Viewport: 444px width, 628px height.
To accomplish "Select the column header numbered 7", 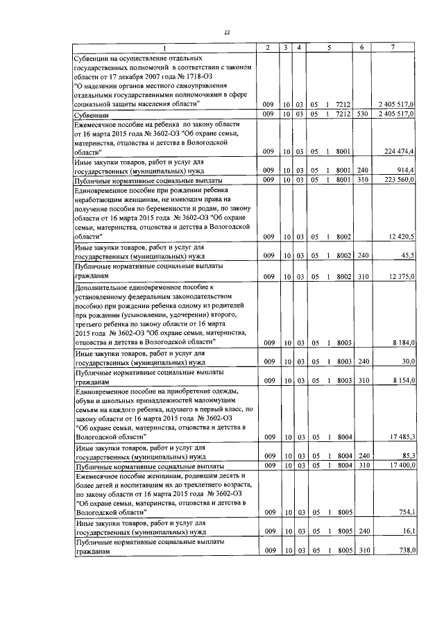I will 393,46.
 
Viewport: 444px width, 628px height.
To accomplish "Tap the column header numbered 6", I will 361,46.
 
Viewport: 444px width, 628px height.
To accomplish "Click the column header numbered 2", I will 268,46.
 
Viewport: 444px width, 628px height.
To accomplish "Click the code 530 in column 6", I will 361,112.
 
